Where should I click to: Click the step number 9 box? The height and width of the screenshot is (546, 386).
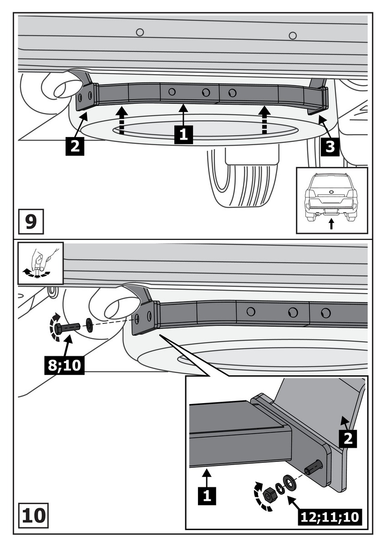click(x=30, y=222)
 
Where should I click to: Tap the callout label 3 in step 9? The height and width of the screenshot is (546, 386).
click(x=330, y=147)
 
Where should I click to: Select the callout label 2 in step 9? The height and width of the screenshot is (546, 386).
click(x=75, y=146)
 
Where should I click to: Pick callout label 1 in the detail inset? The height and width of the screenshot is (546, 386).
click(x=207, y=495)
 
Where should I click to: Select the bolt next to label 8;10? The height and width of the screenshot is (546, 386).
click(x=68, y=327)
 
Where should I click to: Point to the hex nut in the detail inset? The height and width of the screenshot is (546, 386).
click(x=269, y=493)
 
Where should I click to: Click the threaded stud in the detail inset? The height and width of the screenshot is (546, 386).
click(x=315, y=467)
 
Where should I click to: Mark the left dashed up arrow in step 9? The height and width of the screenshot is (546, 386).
click(x=121, y=120)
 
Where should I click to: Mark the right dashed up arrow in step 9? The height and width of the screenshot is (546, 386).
click(x=264, y=120)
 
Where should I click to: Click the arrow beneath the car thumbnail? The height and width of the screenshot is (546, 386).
click(x=331, y=224)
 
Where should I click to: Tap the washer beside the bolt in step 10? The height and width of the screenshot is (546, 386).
click(x=89, y=324)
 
